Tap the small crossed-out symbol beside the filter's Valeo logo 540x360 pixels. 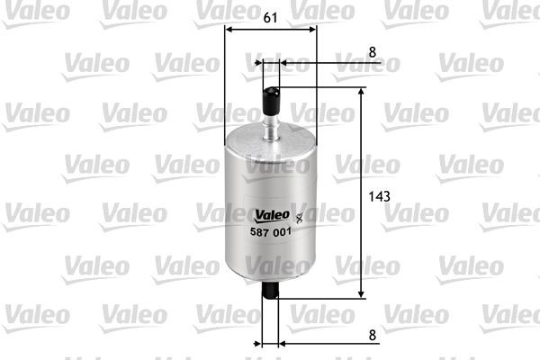click(300, 215)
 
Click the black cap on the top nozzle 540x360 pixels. click(270, 90)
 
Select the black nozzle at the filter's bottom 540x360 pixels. click(270, 289)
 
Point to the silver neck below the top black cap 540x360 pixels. click(270, 121)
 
